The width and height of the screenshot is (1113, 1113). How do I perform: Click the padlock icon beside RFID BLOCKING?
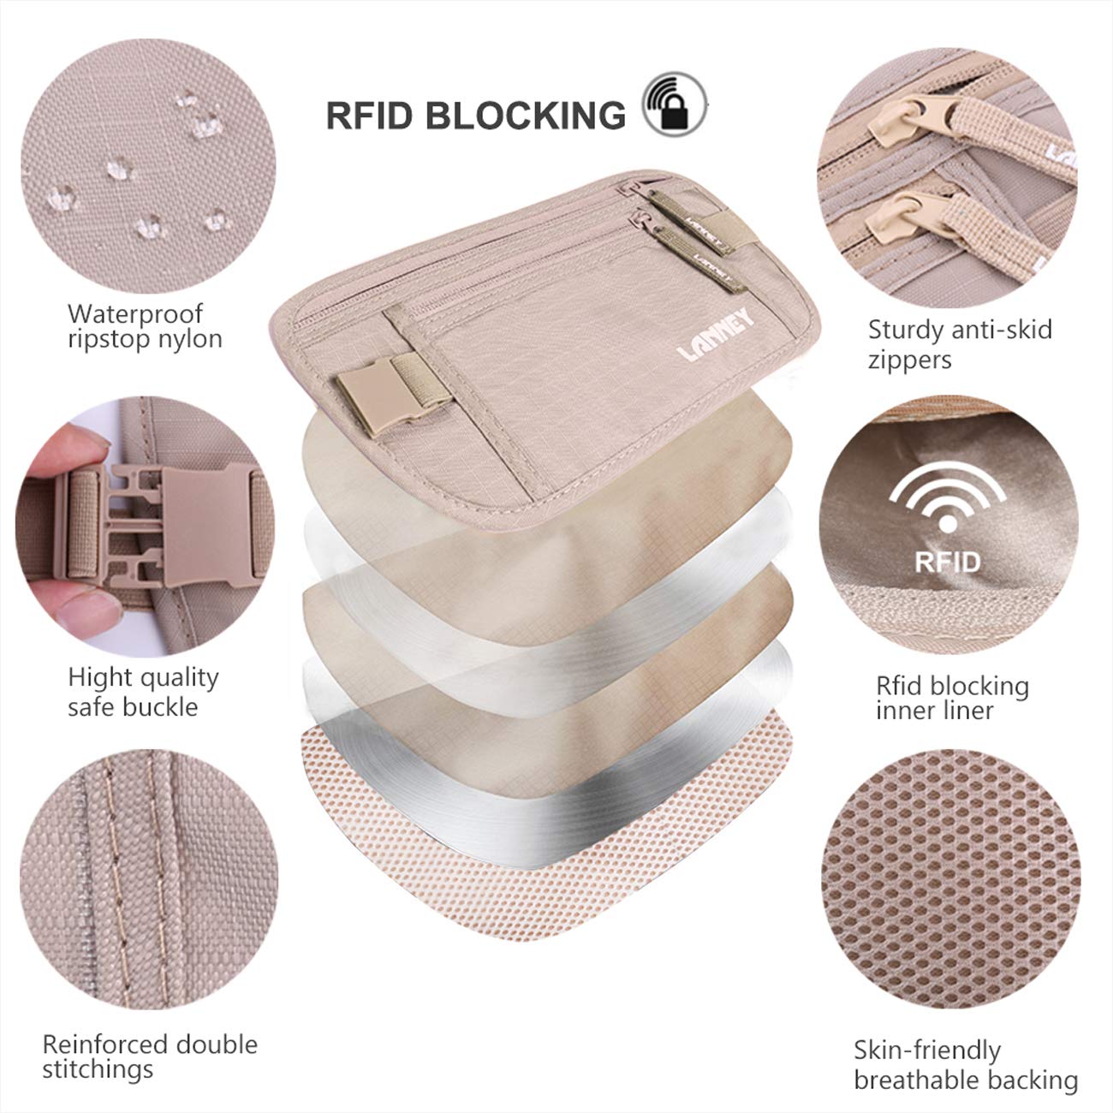click(x=678, y=111)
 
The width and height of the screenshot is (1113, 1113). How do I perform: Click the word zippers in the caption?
click(x=909, y=360)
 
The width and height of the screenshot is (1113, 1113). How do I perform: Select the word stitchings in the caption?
click(x=98, y=1069)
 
